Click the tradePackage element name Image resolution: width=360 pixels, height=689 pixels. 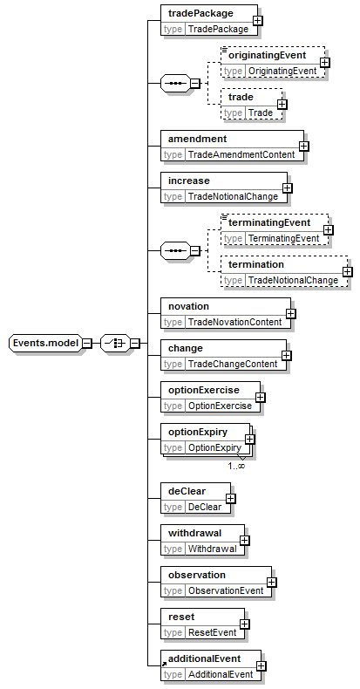(x=200, y=13)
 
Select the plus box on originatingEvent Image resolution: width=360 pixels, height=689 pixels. (x=325, y=63)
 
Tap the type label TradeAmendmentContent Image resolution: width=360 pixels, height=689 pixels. (x=241, y=154)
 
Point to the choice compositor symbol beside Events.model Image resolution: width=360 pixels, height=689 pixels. (x=115, y=343)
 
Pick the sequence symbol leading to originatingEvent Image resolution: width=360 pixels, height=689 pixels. (x=175, y=83)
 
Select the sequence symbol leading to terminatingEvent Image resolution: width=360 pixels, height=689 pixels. (x=175, y=250)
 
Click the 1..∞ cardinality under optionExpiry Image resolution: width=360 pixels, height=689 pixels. (x=236, y=466)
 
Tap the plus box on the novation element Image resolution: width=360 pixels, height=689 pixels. (x=290, y=314)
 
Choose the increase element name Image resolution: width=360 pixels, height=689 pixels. (x=189, y=181)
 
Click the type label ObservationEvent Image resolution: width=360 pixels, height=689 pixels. (x=226, y=590)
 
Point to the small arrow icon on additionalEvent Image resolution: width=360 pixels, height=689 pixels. (x=164, y=664)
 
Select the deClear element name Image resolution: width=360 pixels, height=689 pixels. (x=187, y=491)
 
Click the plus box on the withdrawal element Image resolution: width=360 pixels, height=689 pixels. (x=245, y=541)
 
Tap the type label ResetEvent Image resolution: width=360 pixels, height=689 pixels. (x=213, y=633)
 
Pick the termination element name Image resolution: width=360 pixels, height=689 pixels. (x=256, y=264)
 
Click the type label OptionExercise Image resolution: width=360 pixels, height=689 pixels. (x=220, y=406)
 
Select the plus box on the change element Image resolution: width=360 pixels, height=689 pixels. (x=286, y=355)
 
